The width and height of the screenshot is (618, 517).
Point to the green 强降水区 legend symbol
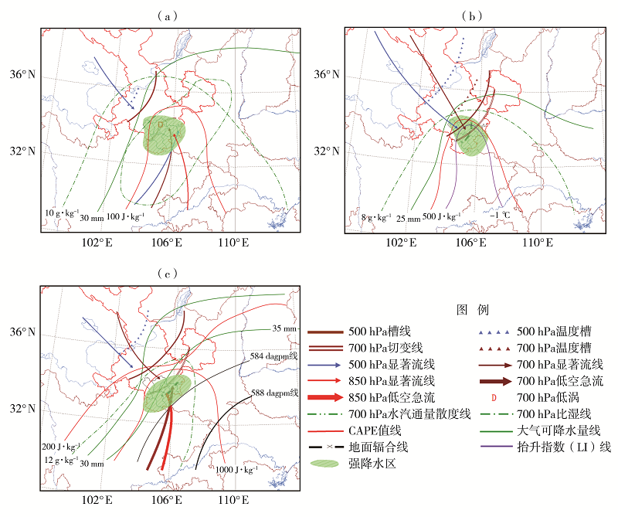tap(324, 464)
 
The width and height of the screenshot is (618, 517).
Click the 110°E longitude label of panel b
tap(535, 243)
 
